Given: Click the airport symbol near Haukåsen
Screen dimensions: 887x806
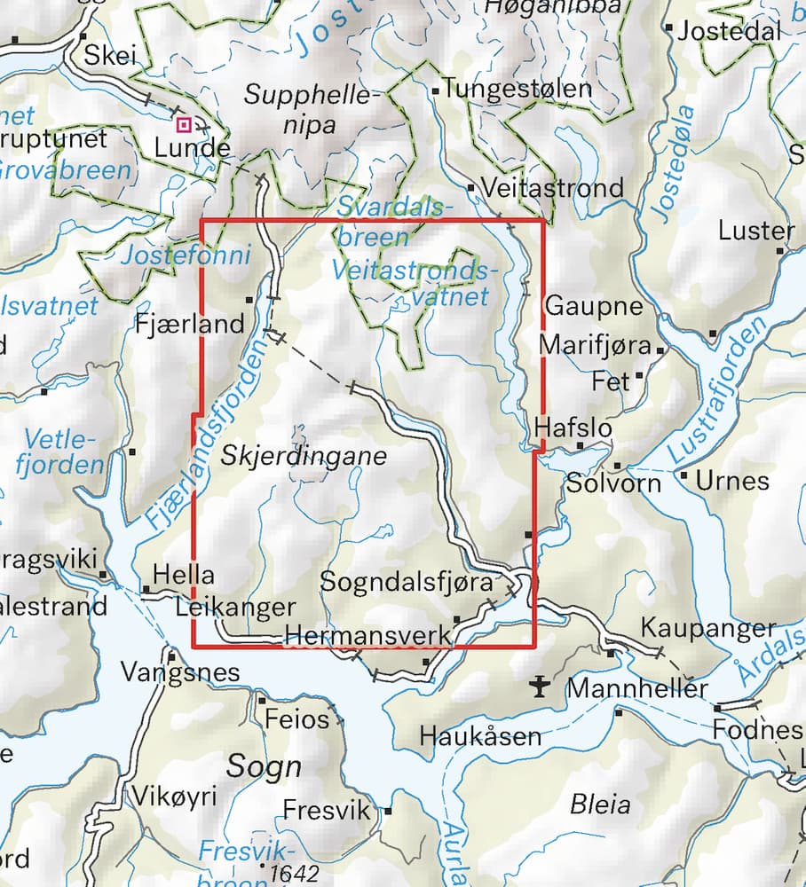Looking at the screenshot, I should click(x=539, y=685).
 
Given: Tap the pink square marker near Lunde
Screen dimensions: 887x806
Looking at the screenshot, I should click(x=185, y=125).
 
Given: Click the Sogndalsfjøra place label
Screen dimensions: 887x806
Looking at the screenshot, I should click(x=407, y=583).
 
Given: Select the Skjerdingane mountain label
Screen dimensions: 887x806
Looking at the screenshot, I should click(x=304, y=457).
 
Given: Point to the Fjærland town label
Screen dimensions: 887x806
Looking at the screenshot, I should click(x=189, y=324).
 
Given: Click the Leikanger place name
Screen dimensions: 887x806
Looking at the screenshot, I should click(x=235, y=608).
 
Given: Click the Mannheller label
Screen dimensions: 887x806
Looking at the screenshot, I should click(x=637, y=687).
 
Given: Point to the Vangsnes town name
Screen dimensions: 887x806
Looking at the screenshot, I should click(x=180, y=672).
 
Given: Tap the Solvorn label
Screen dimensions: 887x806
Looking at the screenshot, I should click(x=614, y=483).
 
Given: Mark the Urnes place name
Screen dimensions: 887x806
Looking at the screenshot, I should click(x=732, y=481).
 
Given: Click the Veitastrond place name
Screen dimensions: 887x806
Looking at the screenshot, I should click(x=552, y=188).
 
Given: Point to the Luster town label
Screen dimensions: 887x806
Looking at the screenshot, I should click(x=756, y=231).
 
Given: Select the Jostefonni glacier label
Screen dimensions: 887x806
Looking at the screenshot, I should click(x=185, y=255).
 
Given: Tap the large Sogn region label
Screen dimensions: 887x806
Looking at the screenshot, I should click(x=264, y=766).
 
